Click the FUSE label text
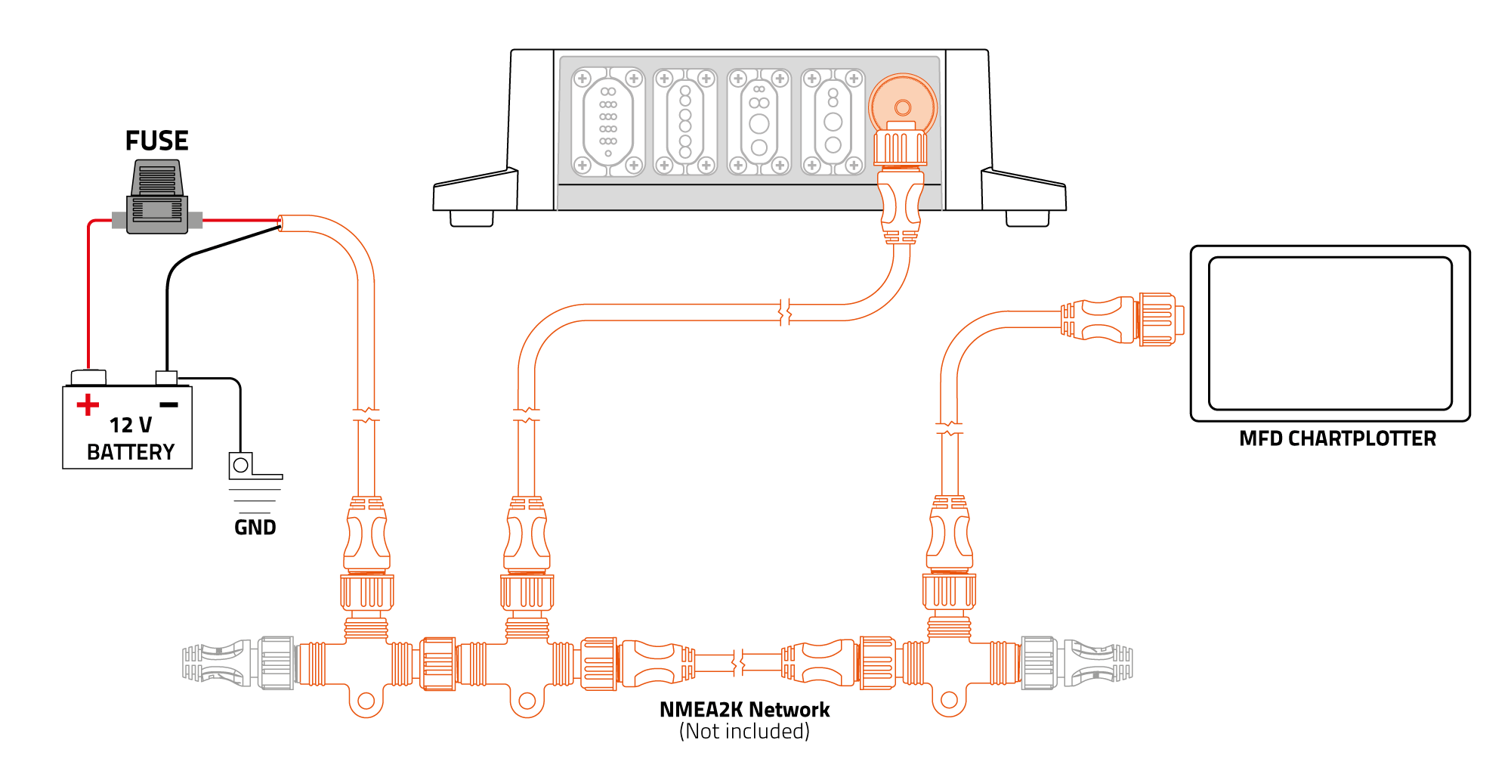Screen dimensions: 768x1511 tap(156, 141)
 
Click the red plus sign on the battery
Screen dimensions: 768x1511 tap(88, 404)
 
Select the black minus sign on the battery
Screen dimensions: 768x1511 tap(169, 405)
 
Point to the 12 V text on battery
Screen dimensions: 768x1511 tap(130, 425)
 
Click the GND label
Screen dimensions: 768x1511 tap(255, 527)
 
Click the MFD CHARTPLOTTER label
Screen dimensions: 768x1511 tap(1337, 438)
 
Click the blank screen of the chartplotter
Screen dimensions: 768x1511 tap(1330, 333)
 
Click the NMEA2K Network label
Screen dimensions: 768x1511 tap(744, 710)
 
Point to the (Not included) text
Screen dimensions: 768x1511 tap(744, 732)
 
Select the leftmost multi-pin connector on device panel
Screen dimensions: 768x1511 tap(608, 122)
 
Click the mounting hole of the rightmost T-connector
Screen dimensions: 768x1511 tap(950, 700)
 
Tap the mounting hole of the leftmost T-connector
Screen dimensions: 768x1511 tap(366, 701)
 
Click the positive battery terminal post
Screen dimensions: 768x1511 tap(88, 376)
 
